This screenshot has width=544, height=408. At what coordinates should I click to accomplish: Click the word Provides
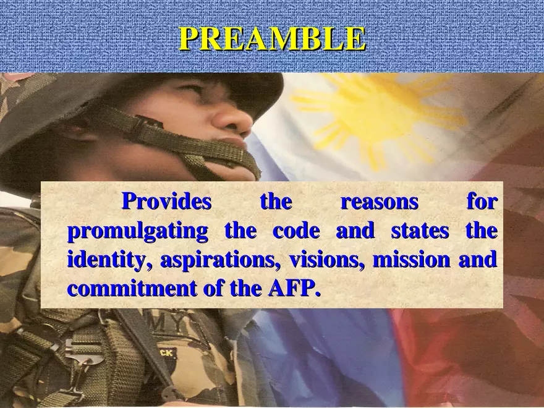pyautogui.click(x=166, y=202)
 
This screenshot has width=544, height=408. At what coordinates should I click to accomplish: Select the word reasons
pyautogui.click(x=380, y=202)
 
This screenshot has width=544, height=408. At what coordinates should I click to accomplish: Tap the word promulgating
pyautogui.click(x=137, y=232)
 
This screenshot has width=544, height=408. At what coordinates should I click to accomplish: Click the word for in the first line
pyautogui.click(x=481, y=202)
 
